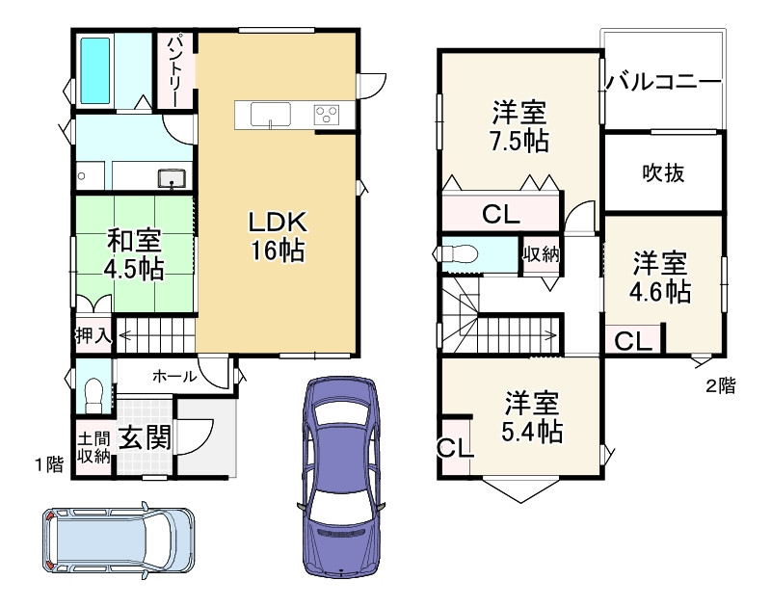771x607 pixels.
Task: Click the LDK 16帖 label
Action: coord(278,236)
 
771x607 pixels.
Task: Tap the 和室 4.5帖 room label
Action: coord(134,253)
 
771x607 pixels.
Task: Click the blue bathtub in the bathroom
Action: coord(97,70)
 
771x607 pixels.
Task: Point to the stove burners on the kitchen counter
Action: coord(327,116)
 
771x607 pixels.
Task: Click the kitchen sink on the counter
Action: coord(271,115)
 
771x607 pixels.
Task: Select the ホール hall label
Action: coord(174,377)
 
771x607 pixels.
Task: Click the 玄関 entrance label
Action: coord(145,438)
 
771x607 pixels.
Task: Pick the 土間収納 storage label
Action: coord(93,446)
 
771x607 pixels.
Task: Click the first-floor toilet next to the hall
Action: coord(93,394)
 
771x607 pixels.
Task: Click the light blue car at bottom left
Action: coord(116,541)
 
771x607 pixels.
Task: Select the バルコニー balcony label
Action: coord(664,82)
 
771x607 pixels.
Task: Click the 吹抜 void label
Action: coord(663,172)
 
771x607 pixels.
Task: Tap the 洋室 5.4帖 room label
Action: coord(533,414)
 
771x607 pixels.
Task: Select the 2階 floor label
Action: coord(719,387)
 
